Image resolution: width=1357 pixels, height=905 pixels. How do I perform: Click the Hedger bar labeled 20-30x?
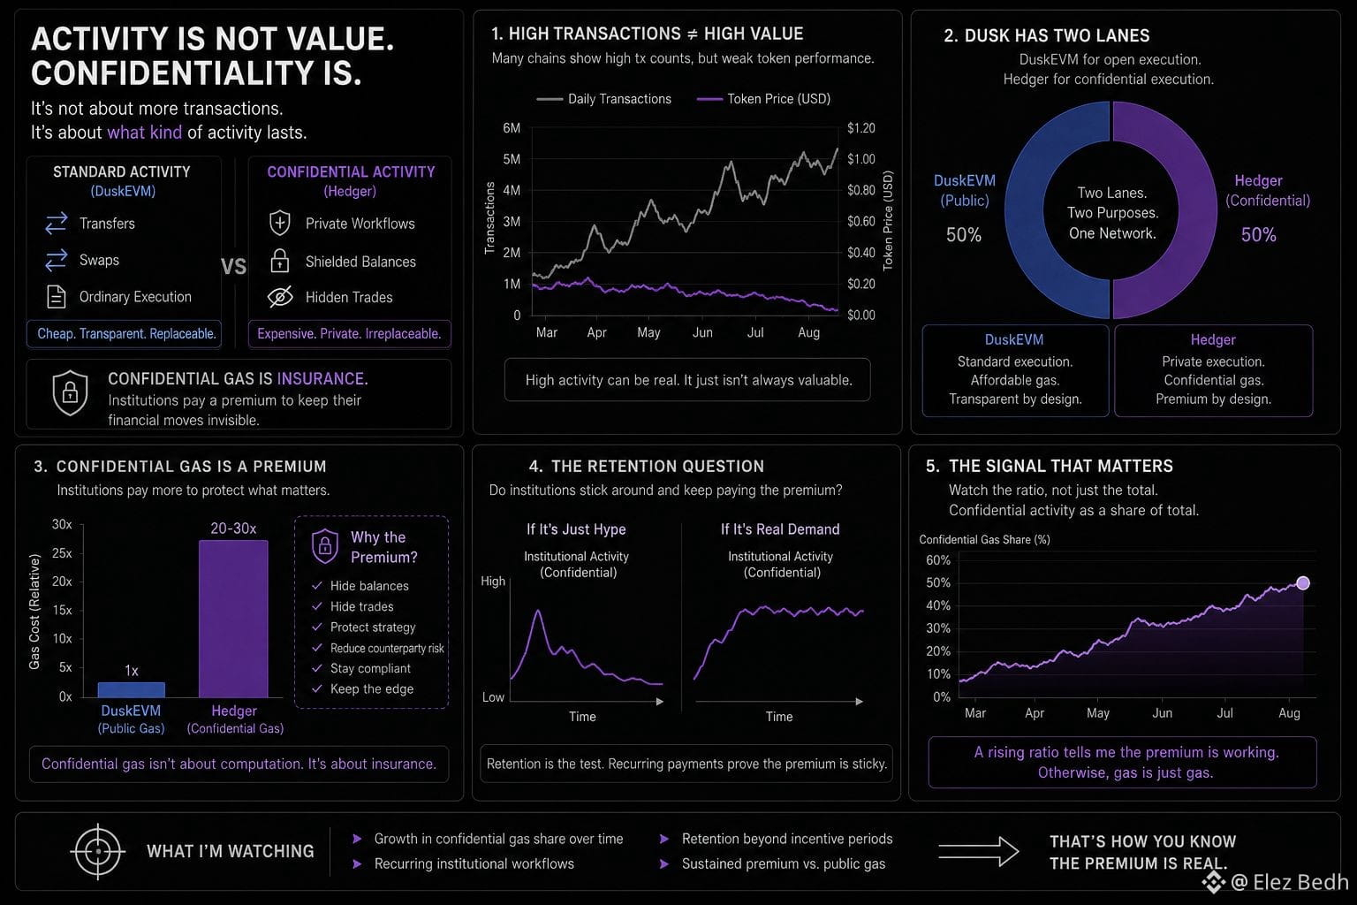point(233,619)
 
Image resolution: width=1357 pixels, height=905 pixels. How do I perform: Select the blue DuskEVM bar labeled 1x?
point(132,690)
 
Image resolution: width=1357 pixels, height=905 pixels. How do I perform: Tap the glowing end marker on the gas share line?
point(1303,582)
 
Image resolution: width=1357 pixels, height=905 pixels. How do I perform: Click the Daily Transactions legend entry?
point(604,99)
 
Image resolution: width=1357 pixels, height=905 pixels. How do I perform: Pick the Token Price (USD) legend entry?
point(763,99)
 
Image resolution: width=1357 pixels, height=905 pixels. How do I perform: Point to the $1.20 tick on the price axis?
point(860,128)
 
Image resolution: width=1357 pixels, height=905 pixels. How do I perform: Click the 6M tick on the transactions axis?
point(512,128)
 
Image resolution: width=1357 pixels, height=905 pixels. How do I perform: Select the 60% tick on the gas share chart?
point(937,560)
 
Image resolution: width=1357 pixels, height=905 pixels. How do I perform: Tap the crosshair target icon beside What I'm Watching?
point(97,851)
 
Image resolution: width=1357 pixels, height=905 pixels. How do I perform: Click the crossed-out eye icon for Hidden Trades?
point(280,296)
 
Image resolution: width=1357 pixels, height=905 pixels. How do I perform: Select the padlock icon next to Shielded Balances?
point(279,261)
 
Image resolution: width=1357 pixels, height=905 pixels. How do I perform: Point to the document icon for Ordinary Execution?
point(57,296)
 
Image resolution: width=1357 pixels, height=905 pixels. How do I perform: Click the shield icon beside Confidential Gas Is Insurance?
point(71,392)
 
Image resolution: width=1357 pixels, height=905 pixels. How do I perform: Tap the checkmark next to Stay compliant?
point(317,668)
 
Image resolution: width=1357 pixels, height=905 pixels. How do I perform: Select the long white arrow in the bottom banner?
point(978,851)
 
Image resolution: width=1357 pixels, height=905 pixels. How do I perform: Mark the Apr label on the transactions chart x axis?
point(596,332)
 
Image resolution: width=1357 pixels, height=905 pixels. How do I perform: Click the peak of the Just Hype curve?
point(538,611)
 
